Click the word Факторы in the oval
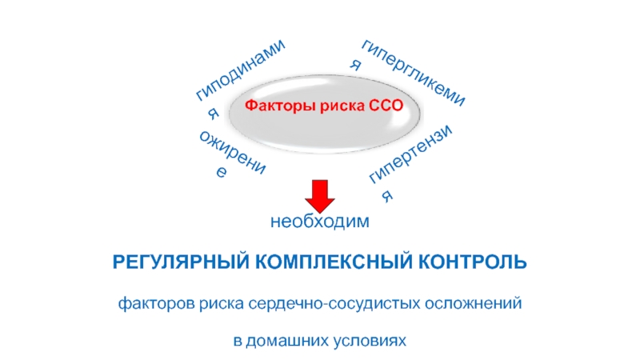(272, 105)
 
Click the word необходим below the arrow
(320, 221)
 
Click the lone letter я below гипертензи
(390, 194)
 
